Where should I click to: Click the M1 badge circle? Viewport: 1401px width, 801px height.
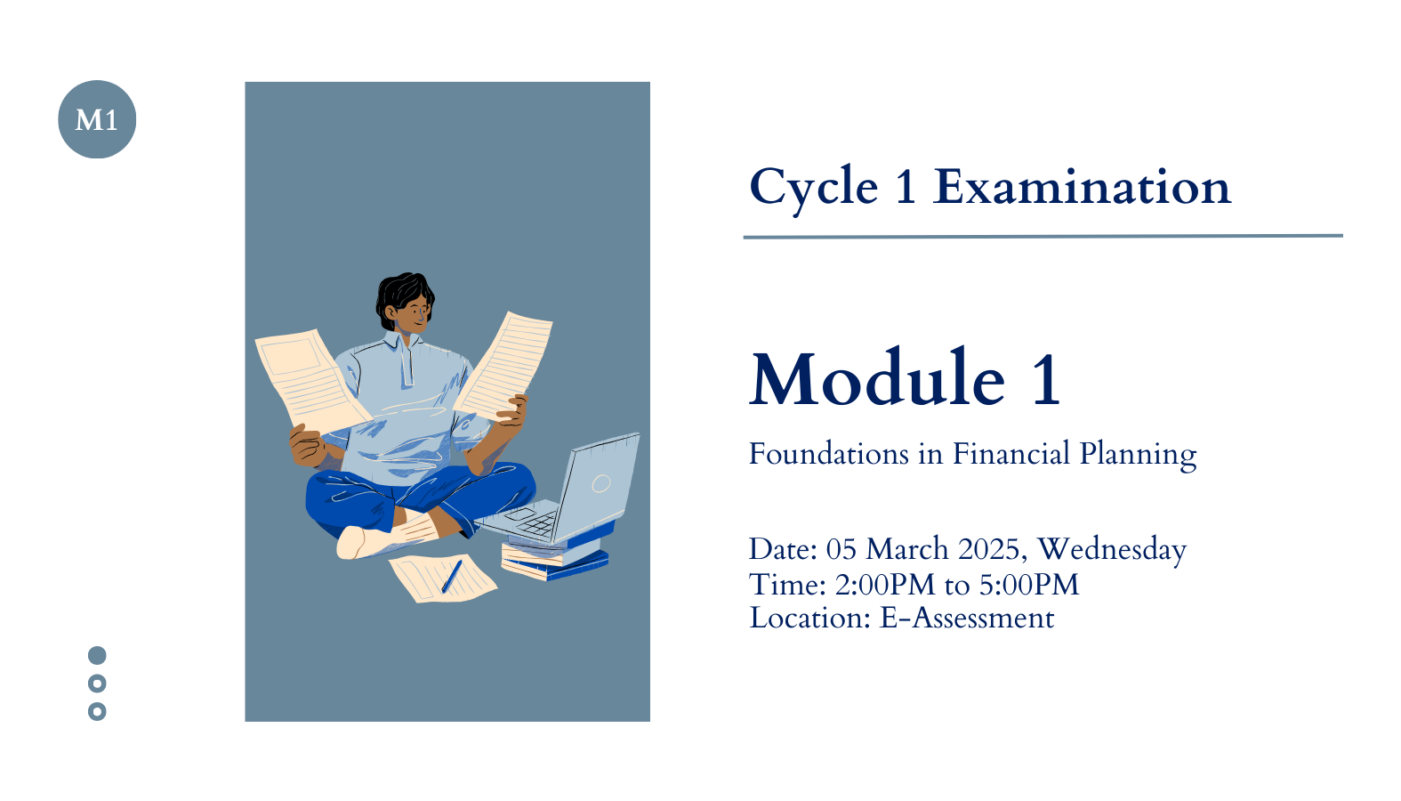pyautogui.click(x=97, y=119)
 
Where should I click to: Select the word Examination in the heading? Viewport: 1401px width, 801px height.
pyautogui.click(x=1082, y=186)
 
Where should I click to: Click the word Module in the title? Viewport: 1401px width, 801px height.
pyautogui.click(x=877, y=378)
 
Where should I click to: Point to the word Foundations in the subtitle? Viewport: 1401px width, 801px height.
pyautogui.click(x=829, y=454)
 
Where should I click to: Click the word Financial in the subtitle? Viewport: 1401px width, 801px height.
pyautogui.click(x=1010, y=454)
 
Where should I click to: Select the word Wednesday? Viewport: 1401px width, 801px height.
pyautogui.click(x=1112, y=550)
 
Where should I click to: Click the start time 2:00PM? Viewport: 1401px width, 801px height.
pyautogui.click(x=885, y=585)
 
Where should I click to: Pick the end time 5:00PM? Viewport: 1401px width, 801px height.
pyautogui.click(x=1029, y=585)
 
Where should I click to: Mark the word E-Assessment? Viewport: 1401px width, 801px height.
pyautogui.click(x=967, y=619)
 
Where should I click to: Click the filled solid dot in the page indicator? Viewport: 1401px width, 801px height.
pyautogui.click(x=97, y=655)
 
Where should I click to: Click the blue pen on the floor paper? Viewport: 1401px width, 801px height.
pyautogui.click(x=452, y=577)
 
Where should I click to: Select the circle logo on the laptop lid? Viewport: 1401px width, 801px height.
pyautogui.click(x=601, y=483)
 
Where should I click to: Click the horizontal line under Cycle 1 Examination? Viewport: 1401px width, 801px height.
pyautogui.click(x=1043, y=237)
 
